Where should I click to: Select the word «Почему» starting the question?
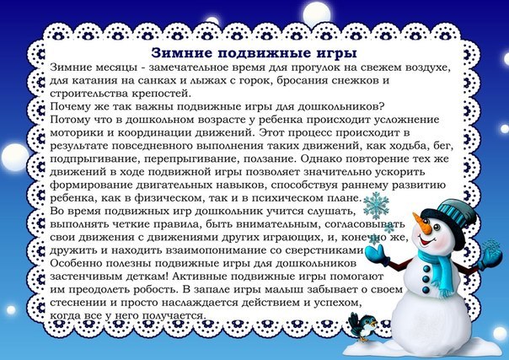(x=73, y=106)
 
